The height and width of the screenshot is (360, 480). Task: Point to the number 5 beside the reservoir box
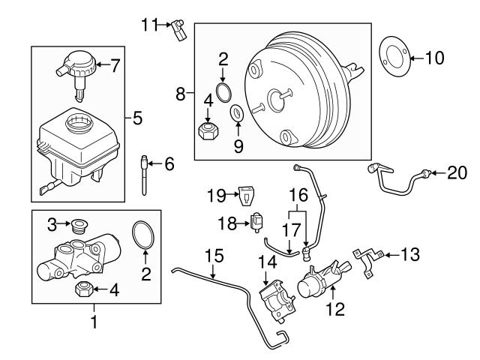tap(137, 117)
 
